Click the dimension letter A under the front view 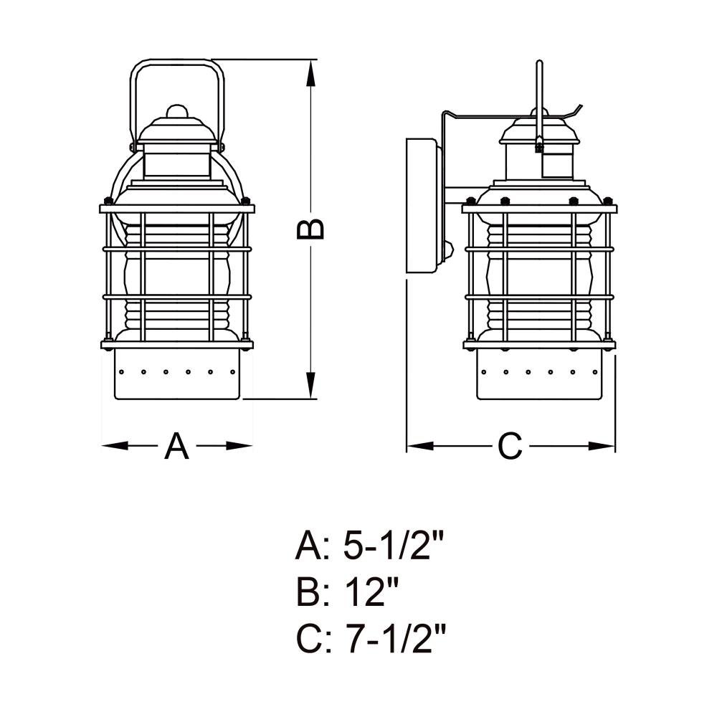point(176,446)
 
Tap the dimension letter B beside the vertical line point(310,229)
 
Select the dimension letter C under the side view point(510,446)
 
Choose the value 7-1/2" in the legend point(394,640)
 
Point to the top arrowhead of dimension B point(310,73)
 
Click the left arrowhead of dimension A point(115,445)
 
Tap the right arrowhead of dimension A point(239,445)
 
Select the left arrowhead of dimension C point(420,445)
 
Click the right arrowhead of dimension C point(602,445)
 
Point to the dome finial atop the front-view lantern point(177,112)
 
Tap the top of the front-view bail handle point(177,62)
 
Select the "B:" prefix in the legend point(313,593)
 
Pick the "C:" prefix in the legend point(313,640)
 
